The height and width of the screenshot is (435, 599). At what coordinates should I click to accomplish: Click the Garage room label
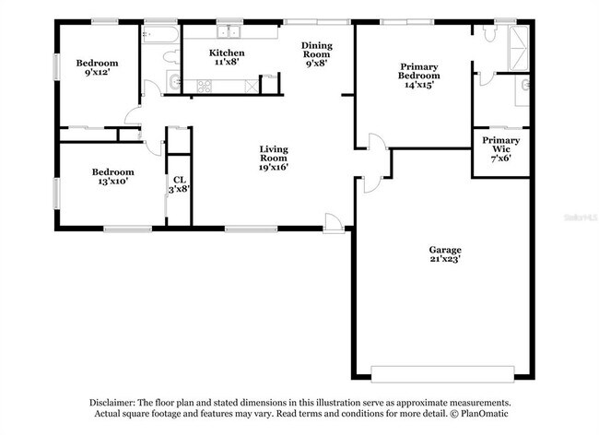point(444,250)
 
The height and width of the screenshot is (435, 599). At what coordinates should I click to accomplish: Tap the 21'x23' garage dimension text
point(444,260)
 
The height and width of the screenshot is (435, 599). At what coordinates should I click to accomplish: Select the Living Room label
point(274,154)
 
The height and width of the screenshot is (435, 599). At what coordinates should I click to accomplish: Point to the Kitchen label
point(227,53)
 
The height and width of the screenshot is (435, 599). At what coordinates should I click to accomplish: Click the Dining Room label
point(317,49)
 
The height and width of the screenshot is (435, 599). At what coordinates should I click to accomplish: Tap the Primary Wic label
point(500,146)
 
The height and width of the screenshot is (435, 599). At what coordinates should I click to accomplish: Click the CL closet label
point(177,180)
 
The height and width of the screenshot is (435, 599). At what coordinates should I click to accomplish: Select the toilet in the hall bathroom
point(169,58)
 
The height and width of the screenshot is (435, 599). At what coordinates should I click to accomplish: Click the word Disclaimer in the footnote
point(112,404)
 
